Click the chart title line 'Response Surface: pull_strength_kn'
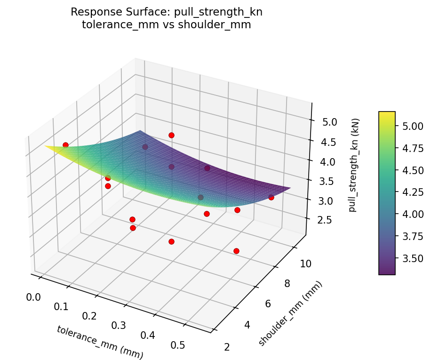(x=166, y=12)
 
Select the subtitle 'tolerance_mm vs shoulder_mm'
(x=166, y=25)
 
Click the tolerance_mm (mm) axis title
(x=100, y=342)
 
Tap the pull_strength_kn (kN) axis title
(x=352, y=165)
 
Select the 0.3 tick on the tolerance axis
(x=120, y=325)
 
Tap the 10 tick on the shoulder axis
(x=306, y=264)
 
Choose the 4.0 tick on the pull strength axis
(x=327, y=162)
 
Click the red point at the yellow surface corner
(x=65, y=145)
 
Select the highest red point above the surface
(x=171, y=135)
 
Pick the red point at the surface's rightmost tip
(x=271, y=197)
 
